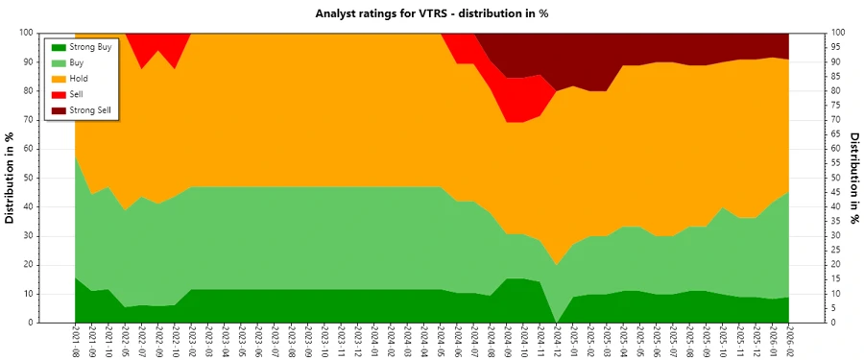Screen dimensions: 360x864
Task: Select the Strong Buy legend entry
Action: (x=91, y=46)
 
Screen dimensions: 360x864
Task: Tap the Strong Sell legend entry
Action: (x=92, y=111)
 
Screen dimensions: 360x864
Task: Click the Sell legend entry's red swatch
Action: (x=58, y=95)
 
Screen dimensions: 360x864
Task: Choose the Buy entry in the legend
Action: (x=78, y=62)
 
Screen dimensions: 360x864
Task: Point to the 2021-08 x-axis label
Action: (x=75, y=341)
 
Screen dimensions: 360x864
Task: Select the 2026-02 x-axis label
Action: (x=789, y=341)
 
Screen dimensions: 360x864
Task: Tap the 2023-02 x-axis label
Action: (x=191, y=341)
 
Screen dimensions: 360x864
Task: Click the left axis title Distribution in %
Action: (x=12, y=178)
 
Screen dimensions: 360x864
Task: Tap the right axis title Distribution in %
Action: (x=853, y=178)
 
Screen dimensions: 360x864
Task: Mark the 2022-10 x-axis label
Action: (x=175, y=341)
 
